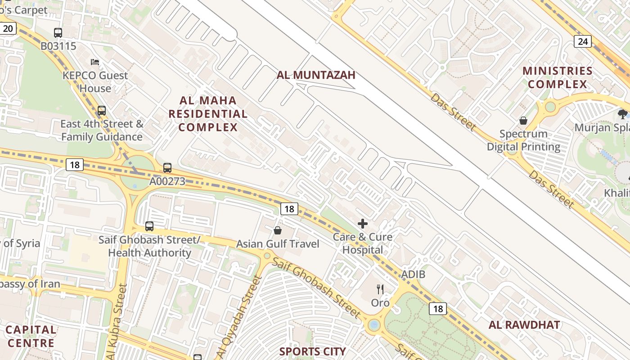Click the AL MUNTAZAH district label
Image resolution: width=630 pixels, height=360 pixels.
(x=316, y=75)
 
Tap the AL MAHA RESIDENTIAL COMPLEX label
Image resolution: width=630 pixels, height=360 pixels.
(x=208, y=114)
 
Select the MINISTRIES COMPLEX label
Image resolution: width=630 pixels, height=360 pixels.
(x=558, y=77)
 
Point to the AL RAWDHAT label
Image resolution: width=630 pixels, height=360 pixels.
(x=524, y=325)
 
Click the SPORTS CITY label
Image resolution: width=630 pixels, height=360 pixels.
(x=313, y=351)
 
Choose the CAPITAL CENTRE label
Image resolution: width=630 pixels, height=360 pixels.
(x=31, y=336)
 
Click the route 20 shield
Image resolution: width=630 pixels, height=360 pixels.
(x=8, y=29)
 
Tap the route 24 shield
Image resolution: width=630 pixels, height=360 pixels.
(x=583, y=42)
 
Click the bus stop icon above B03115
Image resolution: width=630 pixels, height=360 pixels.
(x=58, y=32)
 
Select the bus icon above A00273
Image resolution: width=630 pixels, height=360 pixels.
(x=167, y=168)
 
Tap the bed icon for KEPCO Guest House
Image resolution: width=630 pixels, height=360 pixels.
(x=94, y=62)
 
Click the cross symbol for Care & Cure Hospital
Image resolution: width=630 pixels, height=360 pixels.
(x=362, y=224)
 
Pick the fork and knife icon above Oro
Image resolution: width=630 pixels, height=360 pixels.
(x=380, y=289)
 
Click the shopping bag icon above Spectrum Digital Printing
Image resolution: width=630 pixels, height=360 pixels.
(x=523, y=121)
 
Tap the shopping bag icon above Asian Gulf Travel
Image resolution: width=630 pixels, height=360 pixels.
(x=278, y=230)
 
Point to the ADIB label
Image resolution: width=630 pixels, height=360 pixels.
(x=413, y=274)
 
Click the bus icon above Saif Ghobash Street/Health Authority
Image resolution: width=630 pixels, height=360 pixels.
(x=149, y=226)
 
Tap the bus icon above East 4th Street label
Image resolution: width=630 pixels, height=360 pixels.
(x=102, y=110)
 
